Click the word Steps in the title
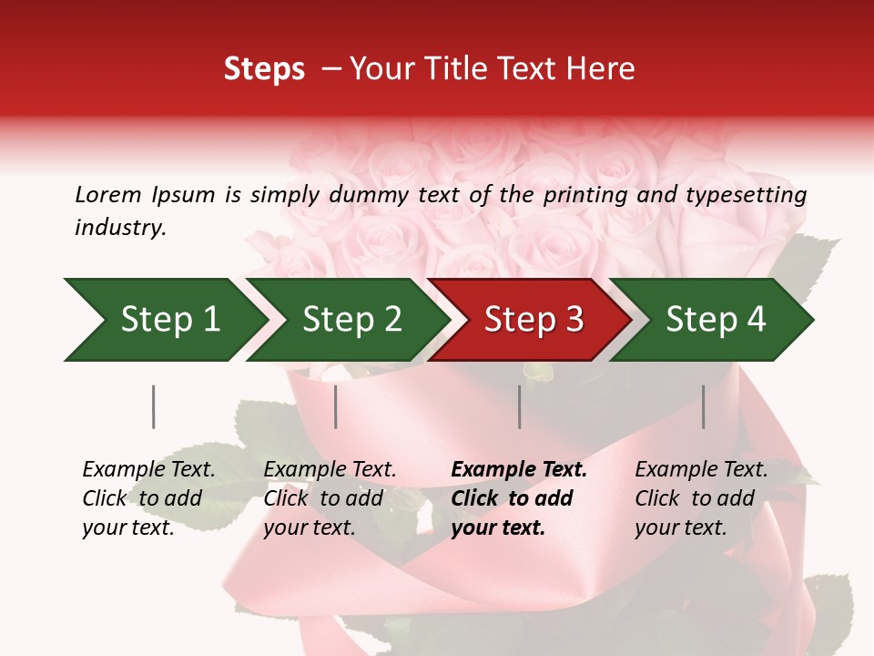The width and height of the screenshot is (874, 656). point(264,70)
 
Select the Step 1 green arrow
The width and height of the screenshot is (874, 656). point(164,320)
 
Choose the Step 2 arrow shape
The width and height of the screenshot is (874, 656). point(351,320)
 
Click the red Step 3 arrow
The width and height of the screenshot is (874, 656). point(533,320)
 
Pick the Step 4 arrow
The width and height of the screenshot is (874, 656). point(715,320)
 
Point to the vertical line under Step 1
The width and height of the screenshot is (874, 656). point(153,406)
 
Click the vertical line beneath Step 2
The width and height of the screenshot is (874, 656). point(336,406)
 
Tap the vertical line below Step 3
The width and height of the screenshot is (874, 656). point(519,406)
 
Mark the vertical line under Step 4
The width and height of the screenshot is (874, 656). point(703,406)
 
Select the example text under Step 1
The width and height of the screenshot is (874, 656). point(147,498)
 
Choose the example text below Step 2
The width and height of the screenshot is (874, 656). point(329,498)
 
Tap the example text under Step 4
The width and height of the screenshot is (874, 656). point(700,498)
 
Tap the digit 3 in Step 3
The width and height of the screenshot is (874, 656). point(574,320)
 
